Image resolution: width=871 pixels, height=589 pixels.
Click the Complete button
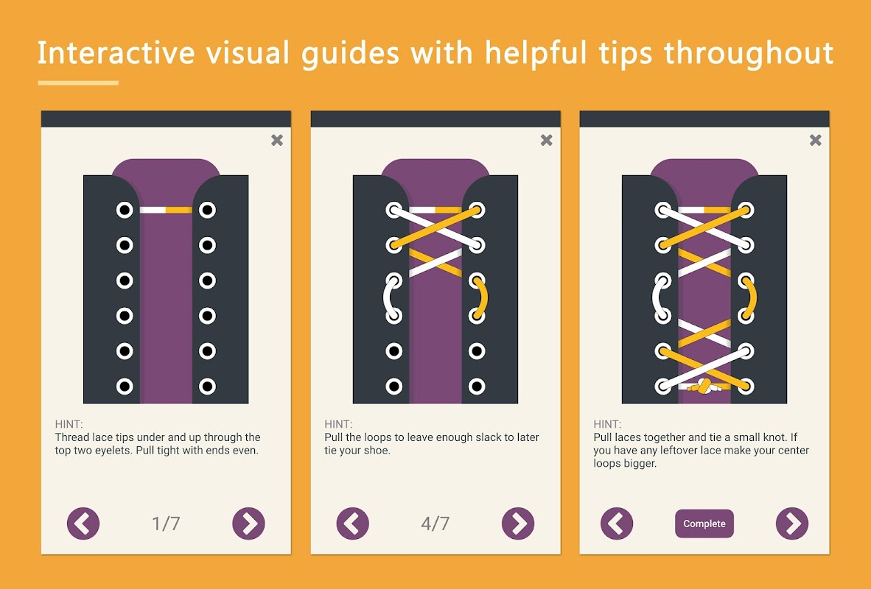[704, 523]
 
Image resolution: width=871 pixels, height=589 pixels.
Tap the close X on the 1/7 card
[276, 140]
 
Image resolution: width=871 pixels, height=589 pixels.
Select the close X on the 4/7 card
[546, 140]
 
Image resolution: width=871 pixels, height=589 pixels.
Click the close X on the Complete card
[815, 140]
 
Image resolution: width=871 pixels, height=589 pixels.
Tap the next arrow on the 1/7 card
[248, 523]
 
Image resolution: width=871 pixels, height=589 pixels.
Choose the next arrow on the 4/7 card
[518, 523]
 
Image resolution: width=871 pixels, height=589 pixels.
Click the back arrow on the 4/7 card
[352, 523]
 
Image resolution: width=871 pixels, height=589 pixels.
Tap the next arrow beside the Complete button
[791, 523]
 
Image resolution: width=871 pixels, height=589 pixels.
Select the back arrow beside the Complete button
[617, 523]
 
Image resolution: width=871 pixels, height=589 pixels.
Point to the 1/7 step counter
[166, 523]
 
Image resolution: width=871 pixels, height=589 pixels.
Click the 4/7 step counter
[435, 523]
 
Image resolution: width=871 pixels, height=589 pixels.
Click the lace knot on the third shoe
[703, 387]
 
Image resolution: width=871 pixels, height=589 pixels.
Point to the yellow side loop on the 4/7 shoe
[482, 298]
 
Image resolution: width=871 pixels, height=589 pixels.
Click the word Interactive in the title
[116, 53]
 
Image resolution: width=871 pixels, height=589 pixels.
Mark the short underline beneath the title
[78, 82]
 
